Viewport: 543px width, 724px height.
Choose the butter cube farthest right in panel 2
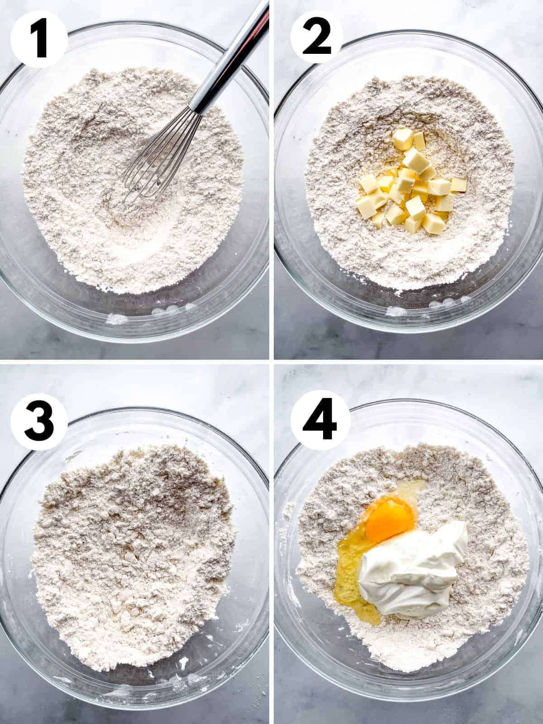coord(459,185)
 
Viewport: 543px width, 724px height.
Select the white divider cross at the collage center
coord(271,362)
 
